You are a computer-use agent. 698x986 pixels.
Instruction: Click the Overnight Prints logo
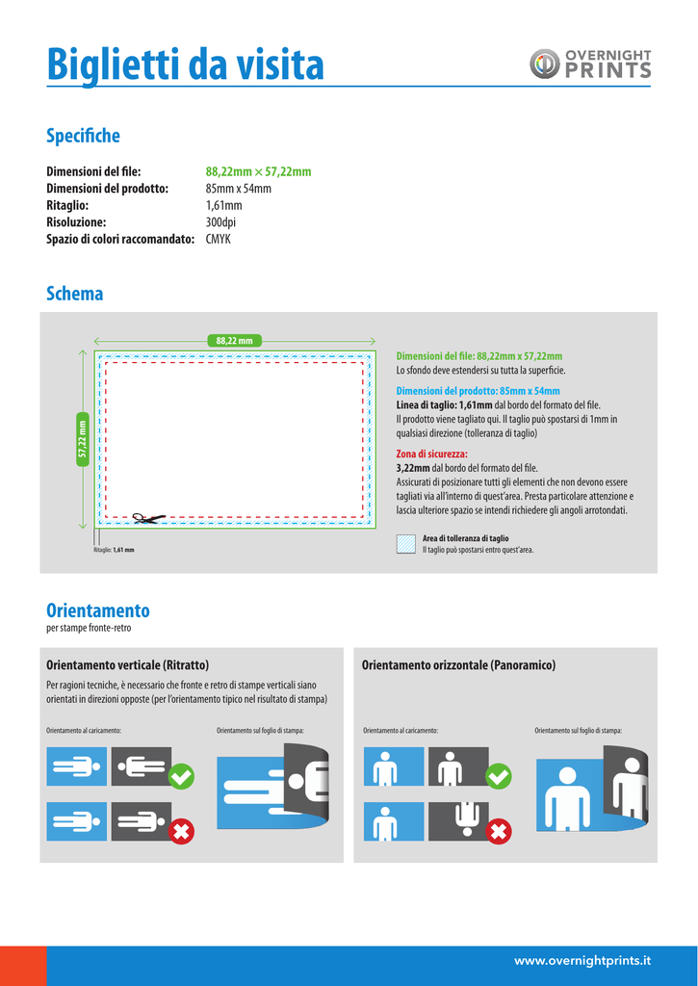point(590,65)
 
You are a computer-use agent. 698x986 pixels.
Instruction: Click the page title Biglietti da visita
point(186,65)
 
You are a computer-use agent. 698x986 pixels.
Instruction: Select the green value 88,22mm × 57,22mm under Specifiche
point(258,171)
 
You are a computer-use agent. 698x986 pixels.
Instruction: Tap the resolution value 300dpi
point(220,222)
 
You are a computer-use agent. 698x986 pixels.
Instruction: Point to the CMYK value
point(219,239)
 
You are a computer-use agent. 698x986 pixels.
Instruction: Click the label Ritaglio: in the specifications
point(67,205)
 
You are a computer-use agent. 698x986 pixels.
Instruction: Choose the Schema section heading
point(75,294)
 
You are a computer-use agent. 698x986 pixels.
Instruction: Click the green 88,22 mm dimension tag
point(235,340)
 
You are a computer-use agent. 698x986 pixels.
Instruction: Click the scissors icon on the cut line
point(147,519)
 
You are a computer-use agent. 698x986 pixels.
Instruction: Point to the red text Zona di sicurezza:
point(432,454)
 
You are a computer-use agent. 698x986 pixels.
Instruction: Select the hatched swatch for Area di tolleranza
point(406,543)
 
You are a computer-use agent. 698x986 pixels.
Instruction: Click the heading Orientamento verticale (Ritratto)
point(128,665)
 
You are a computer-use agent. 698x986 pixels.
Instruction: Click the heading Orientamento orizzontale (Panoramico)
point(458,665)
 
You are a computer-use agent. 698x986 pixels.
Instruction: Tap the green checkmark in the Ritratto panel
point(181,775)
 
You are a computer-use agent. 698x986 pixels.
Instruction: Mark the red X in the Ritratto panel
point(181,831)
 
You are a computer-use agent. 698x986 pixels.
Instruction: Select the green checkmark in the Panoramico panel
point(499,775)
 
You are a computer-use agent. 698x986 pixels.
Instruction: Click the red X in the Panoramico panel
point(499,831)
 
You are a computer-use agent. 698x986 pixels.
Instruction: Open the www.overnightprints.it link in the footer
point(582,960)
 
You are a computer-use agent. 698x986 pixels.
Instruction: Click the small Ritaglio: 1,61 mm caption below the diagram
point(114,550)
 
